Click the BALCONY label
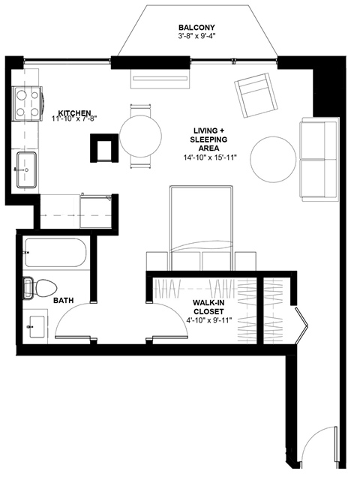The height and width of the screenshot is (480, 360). pyautogui.click(x=196, y=25)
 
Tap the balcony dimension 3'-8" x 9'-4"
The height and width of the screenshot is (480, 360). pyautogui.click(x=196, y=35)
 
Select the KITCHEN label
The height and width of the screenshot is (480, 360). pyautogui.click(x=71, y=110)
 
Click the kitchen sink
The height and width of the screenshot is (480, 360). pyautogui.click(x=26, y=169)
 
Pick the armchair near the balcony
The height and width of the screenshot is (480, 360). pyautogui.click(x=255, y=93)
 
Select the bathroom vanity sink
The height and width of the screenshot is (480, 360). pyautogui.click(x=34, y=327)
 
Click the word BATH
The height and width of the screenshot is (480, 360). pyautogui.click(x=64, y=301)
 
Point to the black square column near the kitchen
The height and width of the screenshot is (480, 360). pyautogui.click(x=101, y=147)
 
